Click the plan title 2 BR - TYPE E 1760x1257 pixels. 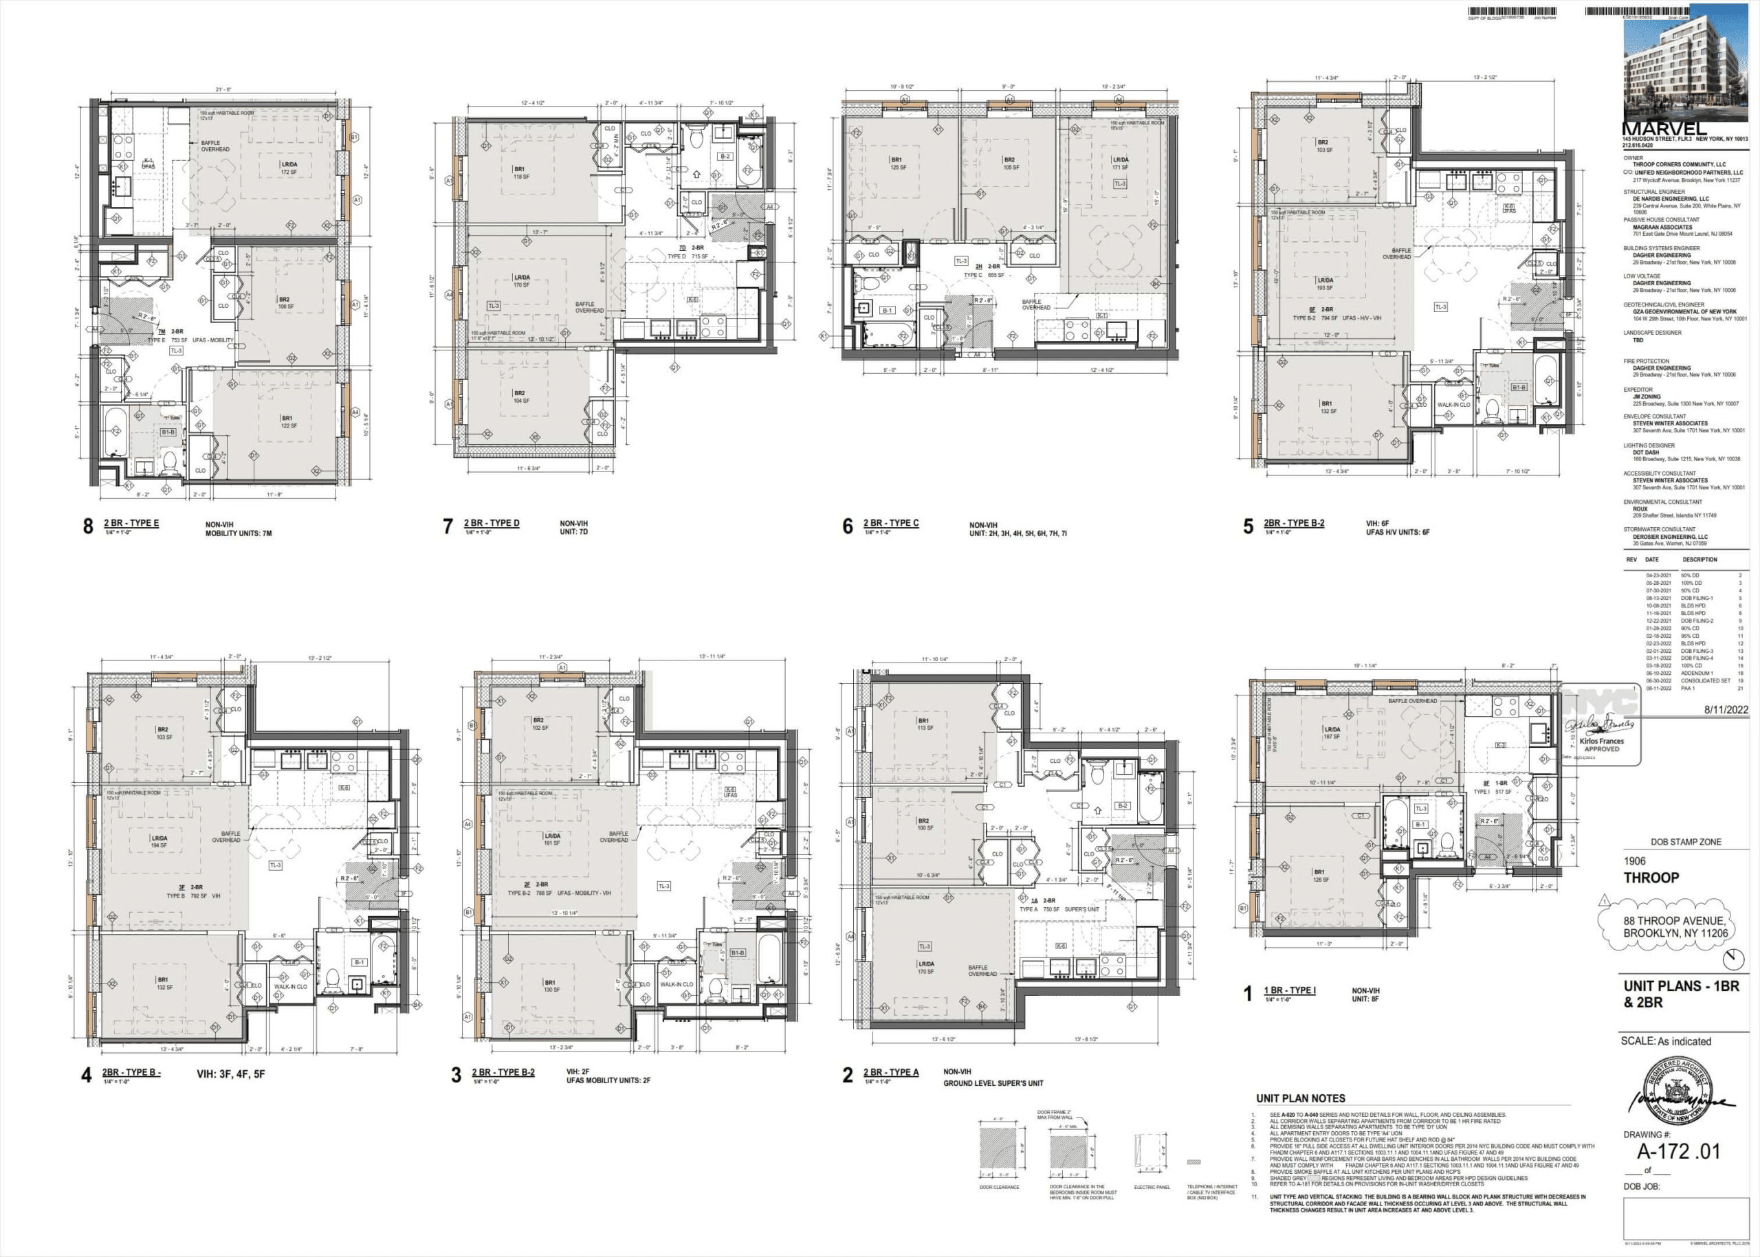131,523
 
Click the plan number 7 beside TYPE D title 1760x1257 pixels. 447,526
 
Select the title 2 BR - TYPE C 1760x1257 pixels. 890,523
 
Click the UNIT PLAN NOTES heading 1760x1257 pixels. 1300,1098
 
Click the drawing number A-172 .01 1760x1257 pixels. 1678,1151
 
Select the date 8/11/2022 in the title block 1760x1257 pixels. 1726,710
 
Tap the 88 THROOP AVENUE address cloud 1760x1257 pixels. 1675,926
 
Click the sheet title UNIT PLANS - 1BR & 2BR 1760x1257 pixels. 1681,994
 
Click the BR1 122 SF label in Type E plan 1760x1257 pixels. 287,422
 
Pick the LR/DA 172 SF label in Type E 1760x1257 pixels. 288,168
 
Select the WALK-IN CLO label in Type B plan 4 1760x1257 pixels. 290,987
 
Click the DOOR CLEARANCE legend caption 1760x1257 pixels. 999,1187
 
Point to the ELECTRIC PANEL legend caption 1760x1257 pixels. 1152,1187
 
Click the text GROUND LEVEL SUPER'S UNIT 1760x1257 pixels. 993,1083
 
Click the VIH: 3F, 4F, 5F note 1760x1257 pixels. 230,1074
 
